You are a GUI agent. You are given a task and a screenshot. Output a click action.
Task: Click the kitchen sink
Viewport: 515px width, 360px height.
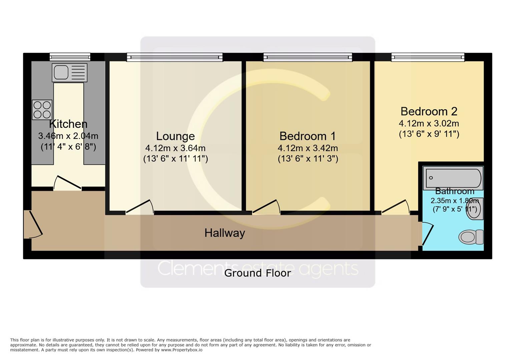(x=69, y=73)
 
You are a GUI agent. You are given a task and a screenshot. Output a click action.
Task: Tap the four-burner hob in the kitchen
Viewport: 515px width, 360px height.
(x=42, y=110)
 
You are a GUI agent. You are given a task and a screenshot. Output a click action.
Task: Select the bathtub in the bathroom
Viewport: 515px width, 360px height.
(x=453, y=178)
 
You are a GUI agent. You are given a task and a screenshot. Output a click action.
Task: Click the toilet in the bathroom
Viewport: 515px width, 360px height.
(x=471, y=237)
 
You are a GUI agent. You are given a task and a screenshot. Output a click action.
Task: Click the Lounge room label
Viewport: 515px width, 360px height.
(x=175, y=136)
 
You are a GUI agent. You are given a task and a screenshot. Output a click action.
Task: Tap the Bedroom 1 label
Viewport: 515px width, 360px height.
(x=308, y=136)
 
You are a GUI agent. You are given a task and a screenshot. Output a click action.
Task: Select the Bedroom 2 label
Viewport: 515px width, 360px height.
(x=429, y=111)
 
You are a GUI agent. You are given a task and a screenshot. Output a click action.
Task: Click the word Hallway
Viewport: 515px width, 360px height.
(x=224, y=233)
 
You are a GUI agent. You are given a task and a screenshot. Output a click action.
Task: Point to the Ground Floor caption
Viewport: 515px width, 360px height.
(x=257, y=273)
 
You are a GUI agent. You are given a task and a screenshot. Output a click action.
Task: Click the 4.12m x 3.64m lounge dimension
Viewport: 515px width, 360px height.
(x=175, y=148)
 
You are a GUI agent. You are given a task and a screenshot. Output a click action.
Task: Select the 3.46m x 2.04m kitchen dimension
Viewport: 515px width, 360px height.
(x=68, y=136)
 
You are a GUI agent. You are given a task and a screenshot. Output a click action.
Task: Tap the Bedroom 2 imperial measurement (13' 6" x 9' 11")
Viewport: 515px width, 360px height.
(x=429, y=134)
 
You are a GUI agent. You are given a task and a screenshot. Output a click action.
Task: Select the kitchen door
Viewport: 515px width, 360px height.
(x=68, y=183)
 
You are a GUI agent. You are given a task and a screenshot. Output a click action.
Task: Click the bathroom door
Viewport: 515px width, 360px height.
(x=427, y=234)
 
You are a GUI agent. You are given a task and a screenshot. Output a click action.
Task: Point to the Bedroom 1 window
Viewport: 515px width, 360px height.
(x=308, y=57)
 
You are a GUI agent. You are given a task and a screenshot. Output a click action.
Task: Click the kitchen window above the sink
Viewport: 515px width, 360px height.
(x=70, y=57)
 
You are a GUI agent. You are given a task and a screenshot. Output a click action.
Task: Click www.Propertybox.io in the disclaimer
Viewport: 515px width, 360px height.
(x=181, y=350)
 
